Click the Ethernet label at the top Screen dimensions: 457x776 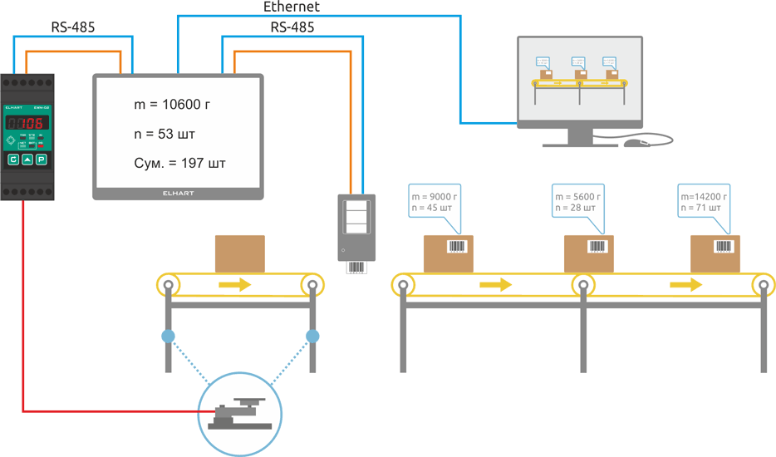click(x=291, y=7)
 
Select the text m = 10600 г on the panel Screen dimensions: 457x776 click(x=172, y=105)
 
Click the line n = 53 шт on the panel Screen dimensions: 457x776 click(x=165, y=134)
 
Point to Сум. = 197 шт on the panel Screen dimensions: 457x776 click(x=179, y=163)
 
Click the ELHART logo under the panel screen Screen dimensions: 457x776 click(x=178, y=193)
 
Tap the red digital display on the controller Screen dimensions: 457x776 click(x=26, y=123)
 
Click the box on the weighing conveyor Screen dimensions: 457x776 click(x=239, y=253)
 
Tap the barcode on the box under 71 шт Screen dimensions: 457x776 click(x=724, y=247)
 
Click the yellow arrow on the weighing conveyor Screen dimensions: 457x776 click(x=235, y=285)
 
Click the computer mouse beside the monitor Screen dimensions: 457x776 click(x=636, y=143)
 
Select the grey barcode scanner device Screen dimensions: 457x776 click(x=356, y=228)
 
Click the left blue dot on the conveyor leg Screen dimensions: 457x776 click(x=169, y=337)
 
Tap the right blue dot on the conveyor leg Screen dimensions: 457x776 click(x=312, y=337)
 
